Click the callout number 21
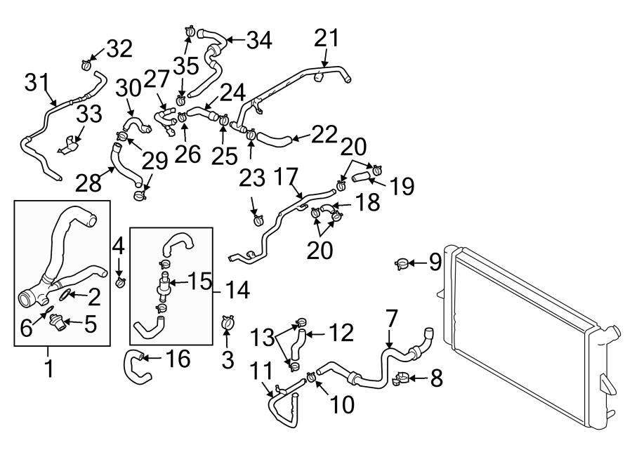coord(325,38)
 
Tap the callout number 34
coord(258,40)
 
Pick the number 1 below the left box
coord(48,366)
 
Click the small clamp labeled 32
coord(86,65)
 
